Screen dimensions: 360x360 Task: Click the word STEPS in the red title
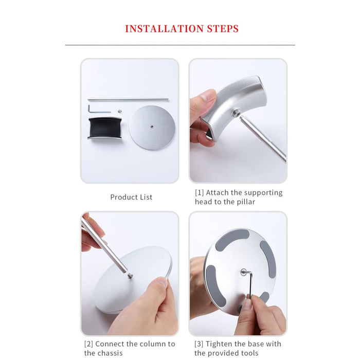pos(221,28)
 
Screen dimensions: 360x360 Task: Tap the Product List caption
pos(131,197)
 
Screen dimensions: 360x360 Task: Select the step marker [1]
pos(200,193)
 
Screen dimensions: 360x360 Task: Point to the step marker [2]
pos(88,344)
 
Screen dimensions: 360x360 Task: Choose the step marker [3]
pos(200,344)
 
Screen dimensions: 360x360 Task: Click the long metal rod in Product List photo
pos(129,100)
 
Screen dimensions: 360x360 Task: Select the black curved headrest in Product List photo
pos(104,128)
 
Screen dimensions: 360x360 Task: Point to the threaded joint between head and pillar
pos(238,114)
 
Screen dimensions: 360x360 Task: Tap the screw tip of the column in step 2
pos(130,276)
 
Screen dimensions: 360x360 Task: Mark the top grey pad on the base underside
pos(232,240)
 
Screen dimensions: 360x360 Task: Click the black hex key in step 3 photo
pos(249,283)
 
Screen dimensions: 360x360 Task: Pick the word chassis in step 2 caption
pos(111,353)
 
